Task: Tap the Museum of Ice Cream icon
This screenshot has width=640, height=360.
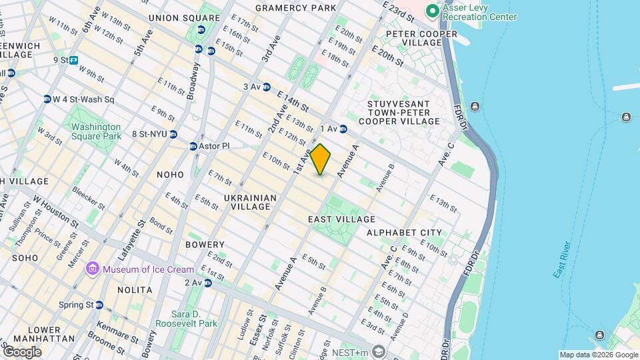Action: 92,269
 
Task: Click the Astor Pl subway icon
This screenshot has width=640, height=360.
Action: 193,146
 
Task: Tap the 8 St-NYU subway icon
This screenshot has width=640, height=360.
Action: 173,134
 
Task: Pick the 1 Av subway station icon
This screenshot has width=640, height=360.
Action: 343,129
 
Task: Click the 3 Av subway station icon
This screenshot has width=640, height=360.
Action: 267,87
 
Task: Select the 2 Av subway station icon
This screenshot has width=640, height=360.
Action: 208,283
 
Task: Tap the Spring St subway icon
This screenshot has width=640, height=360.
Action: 99,305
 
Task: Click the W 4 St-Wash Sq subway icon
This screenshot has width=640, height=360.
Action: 47,99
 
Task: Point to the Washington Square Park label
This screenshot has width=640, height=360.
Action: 96,131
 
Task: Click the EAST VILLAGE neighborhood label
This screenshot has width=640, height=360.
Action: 341,219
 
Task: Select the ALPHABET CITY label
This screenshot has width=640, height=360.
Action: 404,233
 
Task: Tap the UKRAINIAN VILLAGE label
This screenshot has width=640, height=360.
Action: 250,202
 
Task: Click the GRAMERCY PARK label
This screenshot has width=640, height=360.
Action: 295,8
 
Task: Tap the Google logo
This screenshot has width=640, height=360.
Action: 21,352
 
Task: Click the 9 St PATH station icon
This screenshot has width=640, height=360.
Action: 73,60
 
